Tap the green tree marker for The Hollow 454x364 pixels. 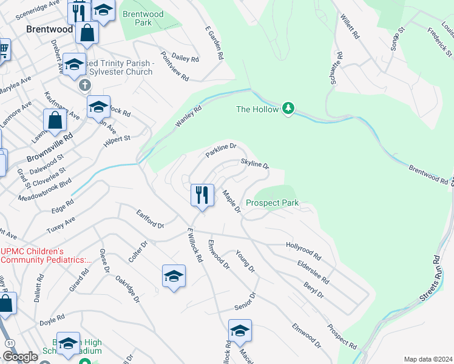(289, 109)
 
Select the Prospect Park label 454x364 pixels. (272, 203)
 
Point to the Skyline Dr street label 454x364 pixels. (254, 164)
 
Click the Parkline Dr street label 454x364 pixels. (220, 150)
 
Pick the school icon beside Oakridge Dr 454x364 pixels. (174, 276)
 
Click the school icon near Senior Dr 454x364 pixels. (240, 330)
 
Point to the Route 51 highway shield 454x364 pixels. (10, 343)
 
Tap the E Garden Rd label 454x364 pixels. (215, 43)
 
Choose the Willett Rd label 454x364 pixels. (350, 27)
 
